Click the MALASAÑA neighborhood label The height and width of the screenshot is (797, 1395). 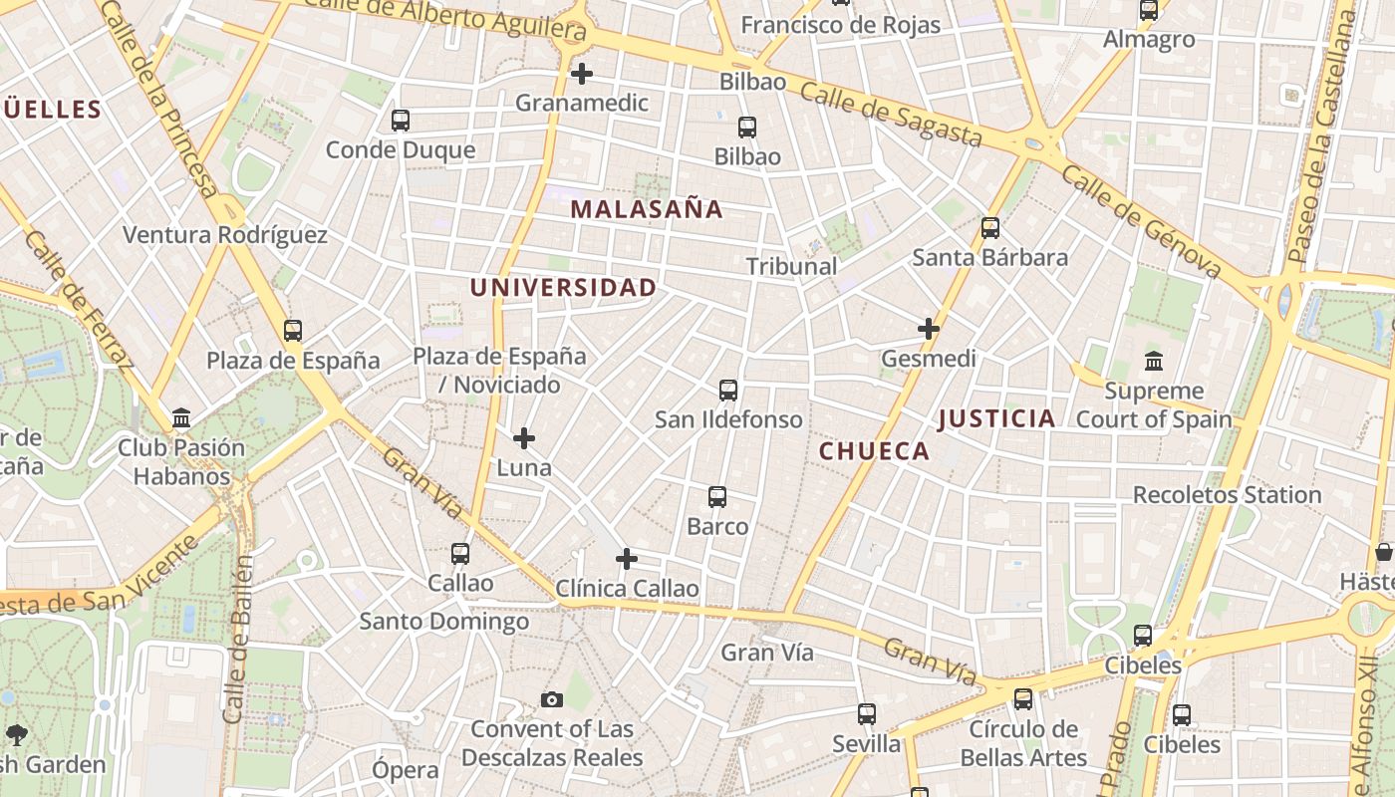647,209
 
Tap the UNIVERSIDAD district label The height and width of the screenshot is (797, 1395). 563,288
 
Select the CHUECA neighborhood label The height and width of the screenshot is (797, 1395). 874,451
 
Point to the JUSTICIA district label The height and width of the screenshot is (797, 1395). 996,418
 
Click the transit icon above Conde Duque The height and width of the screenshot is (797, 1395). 401,121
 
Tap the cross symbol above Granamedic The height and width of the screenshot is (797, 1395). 582,74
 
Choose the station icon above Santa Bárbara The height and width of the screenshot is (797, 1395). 990,228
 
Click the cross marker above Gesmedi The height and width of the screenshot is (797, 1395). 929,329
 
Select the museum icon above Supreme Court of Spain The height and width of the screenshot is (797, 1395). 1154,361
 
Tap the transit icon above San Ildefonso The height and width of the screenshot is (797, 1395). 728,391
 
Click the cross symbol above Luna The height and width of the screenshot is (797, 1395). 524,438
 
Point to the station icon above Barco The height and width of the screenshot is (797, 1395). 717,497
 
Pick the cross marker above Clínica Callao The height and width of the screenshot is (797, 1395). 627,559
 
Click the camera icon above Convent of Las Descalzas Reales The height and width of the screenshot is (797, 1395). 552,700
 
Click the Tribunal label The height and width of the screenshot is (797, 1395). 792,266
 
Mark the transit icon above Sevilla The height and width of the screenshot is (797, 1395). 867,714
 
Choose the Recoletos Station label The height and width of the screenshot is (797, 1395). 1227,494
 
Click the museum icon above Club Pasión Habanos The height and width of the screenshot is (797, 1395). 181,418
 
